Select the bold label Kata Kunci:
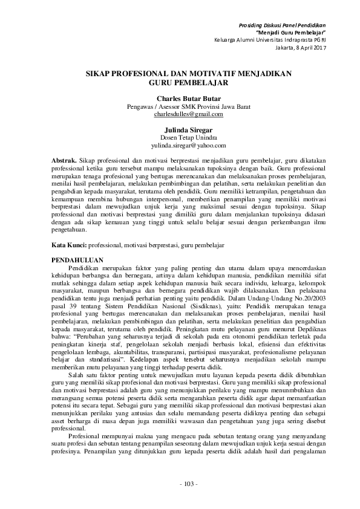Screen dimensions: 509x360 tap(69, 247)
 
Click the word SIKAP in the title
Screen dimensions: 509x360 tap(98, 73)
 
